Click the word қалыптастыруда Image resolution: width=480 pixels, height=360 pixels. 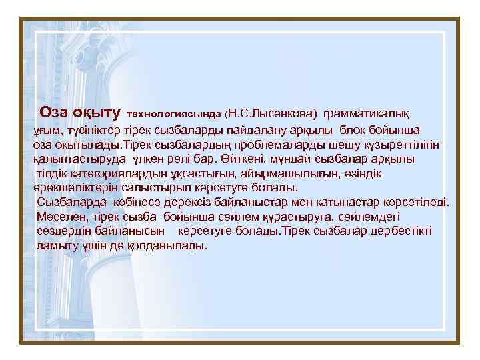[x=71, y=159]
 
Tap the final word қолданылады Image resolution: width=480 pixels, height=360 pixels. [x=169, y=245]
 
